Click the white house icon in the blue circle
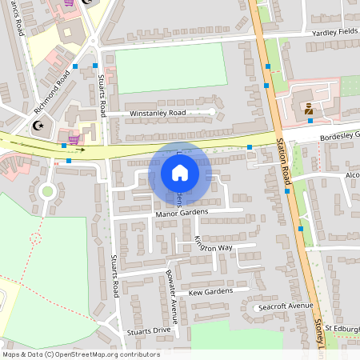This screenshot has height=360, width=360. (179, 172)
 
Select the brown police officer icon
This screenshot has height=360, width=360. (308, 109)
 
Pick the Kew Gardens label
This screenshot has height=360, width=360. (210, 292)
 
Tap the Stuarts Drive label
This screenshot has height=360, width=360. (149, 330)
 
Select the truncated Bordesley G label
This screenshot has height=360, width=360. (340, 135)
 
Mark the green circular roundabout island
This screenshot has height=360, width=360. (47, 191)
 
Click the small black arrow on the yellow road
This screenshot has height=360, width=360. (81, 149)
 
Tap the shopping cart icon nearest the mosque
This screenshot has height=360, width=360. (74, 139)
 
